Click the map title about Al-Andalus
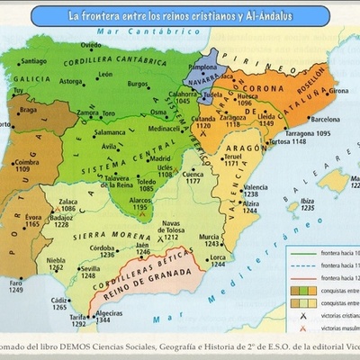click(x=180, y=15)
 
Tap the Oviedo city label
click(x=87, y=44)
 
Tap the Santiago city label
click(x=33, y=62)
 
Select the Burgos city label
click(x=138, y=84)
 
